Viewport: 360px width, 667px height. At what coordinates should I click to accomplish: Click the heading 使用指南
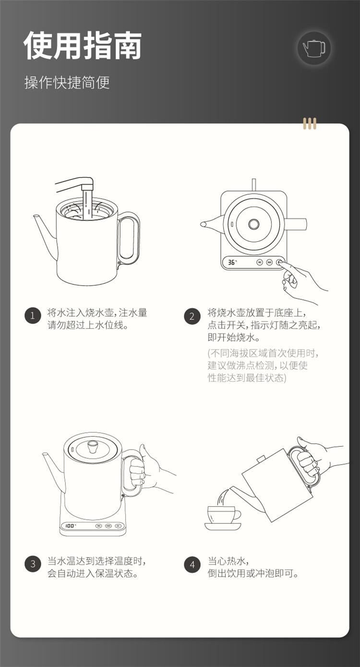click(83, 45)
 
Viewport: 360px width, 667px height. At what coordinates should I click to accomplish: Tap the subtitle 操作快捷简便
click(67, 83)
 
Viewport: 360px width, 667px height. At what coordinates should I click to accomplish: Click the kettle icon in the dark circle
click(314, 48)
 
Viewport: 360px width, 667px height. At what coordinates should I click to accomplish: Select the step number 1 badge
click(33, 316)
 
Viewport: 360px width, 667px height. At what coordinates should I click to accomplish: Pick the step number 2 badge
click(192, 316)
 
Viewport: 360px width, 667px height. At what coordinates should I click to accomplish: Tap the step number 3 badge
click(33, 564)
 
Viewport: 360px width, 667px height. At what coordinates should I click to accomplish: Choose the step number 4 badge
click(192, 564)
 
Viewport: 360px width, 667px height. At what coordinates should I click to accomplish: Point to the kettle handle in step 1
click(129, 238)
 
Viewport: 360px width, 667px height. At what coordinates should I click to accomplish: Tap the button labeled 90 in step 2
click(260, 262)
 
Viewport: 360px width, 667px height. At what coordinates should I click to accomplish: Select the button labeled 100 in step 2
click(269, 262)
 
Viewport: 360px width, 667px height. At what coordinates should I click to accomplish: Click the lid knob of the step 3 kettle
click(92, 446)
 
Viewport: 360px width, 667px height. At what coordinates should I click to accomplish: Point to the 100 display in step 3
click(70, 526)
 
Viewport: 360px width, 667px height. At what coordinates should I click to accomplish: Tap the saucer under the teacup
click(223, 526)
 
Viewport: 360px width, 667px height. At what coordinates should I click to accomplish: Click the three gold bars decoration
click(310, 123)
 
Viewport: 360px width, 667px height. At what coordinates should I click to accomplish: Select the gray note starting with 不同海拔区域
click(263, 365)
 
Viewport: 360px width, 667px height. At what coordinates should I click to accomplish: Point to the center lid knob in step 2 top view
click(254, 224)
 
